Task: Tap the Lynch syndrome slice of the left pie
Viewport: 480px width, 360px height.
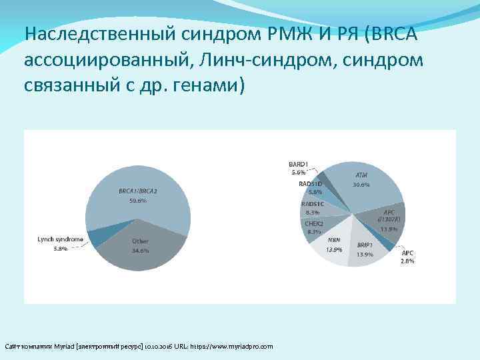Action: click(99, 237)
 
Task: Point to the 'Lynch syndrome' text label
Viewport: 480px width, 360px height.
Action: click(60, 239)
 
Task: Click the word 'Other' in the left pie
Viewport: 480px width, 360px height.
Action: click(140, 241)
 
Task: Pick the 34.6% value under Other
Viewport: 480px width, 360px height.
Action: click(140, 250)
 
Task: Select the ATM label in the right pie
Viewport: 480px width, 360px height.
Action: click(361, 175)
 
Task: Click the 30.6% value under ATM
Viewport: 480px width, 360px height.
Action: click(361, 184)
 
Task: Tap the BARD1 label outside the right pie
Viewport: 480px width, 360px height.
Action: click(298, 163)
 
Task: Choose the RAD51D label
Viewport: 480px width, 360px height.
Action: click(310, 183)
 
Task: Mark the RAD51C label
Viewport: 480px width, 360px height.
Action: click(313, 203)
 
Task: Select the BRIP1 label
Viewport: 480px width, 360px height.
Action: click(364, 245)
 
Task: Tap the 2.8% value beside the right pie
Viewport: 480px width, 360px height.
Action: click(407, 261)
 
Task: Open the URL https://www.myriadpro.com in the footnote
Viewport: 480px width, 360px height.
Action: click(231, 347)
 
